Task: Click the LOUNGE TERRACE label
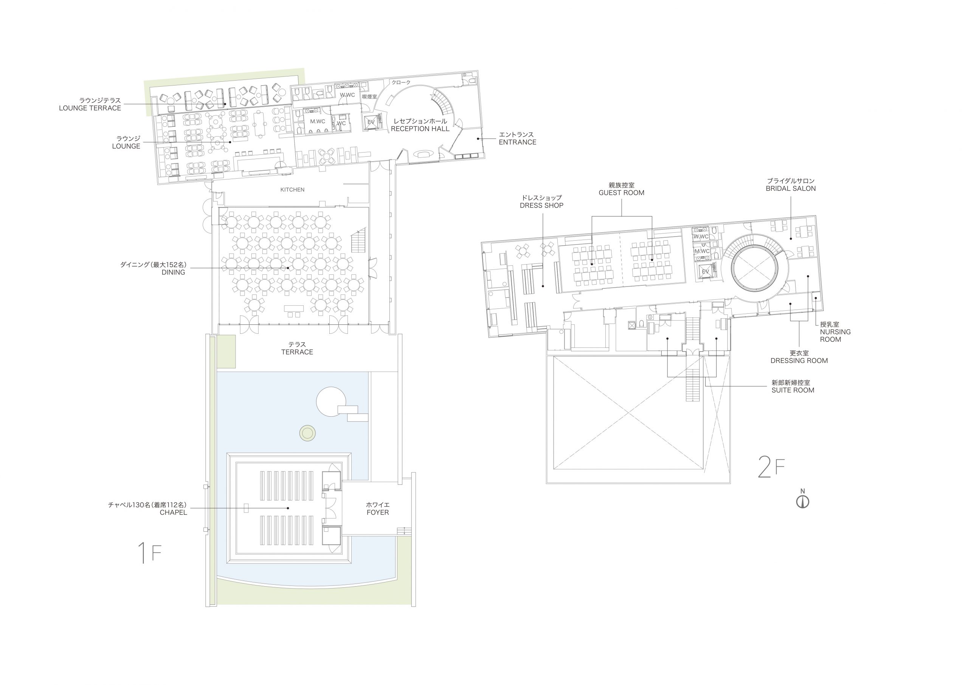tap(90, 108)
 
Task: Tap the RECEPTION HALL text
tap(420, 129)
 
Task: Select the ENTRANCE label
tap(518, 142)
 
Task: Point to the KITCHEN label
tap(292, 190)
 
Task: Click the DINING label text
tap(173, 272)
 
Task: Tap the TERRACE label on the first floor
tap(297, 352)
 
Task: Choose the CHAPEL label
tap(173, 512)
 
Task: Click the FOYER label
tap(378, 512)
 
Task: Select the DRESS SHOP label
tap(542, 205)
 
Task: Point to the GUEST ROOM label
tap(621, 193)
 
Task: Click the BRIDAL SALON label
tap(791, 189)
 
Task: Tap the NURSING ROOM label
tap(835, 336)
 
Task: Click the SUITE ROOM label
tap(793, 391)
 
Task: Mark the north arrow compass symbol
tap(803, 502)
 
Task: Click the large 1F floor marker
tap(150, 553)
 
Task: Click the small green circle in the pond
tap(308, 433)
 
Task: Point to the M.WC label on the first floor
tap(318, 121)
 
